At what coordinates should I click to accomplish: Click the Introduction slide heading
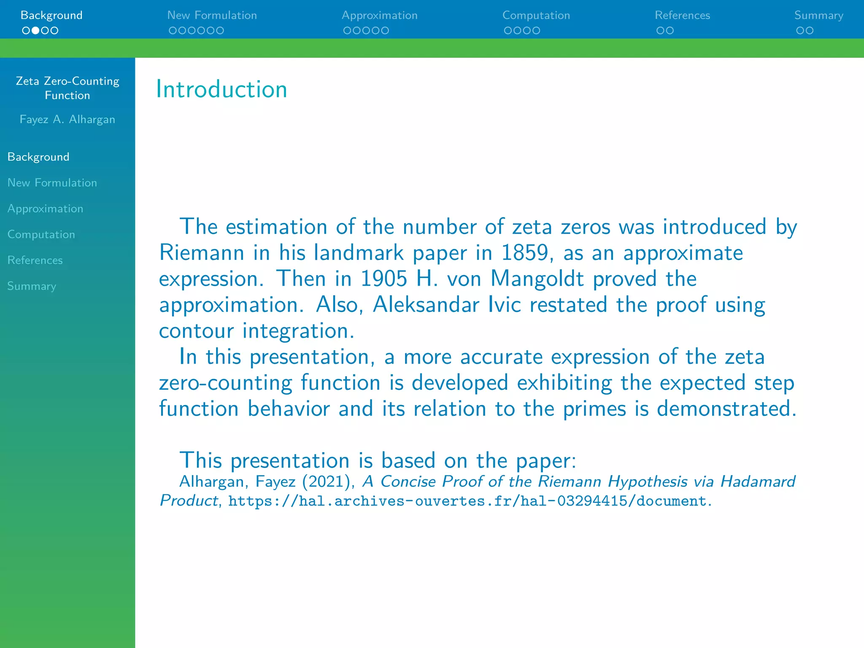(221, 89)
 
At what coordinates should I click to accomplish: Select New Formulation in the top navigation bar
(212, 16)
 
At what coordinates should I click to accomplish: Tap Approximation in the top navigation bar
(379, 16)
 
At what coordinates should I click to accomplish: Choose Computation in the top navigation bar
(536, 16)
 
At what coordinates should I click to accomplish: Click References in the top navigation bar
(682, 16)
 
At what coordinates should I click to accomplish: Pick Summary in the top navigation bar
(818, 16)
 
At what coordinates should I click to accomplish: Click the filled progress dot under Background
(35, 30)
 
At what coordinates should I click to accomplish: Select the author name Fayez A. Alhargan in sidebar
(67, 119)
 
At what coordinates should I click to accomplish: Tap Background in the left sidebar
(38, 157)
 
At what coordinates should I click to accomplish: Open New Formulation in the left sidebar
(52, 183)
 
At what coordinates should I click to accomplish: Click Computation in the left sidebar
(41, 235)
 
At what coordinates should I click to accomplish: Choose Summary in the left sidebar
(32, 286)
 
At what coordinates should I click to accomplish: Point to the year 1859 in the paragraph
(524, 253)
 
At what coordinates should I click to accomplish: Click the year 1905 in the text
(384, 279)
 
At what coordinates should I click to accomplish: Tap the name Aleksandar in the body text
(426, 305)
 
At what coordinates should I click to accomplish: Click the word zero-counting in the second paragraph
(225, 383)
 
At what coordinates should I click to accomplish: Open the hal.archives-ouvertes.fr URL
(467, 501)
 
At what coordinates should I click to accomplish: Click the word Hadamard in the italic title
(758, 481)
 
